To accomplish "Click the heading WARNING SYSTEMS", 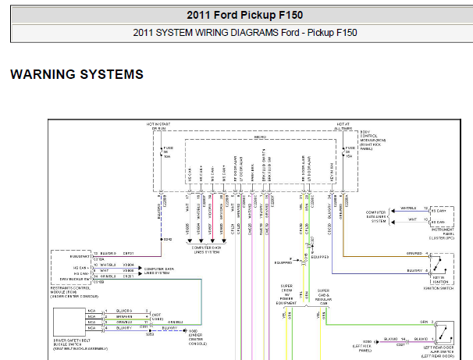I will (76, 74).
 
